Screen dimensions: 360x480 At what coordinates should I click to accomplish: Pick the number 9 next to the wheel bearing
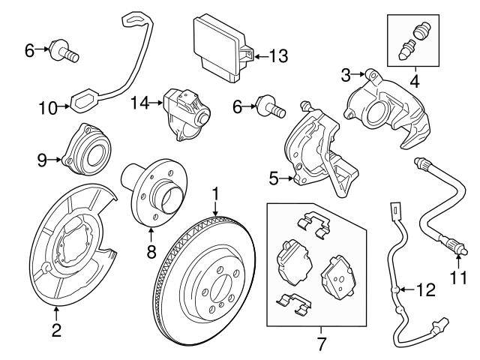pyautogui.click(x=42, y=158)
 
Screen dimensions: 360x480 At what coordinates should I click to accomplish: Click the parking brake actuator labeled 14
pyautogui.click(x=185, y=112)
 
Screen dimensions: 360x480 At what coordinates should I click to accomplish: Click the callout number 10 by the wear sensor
pyautogui.click(x=48, y=107)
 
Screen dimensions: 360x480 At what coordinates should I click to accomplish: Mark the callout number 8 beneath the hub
pyautogui.click(x=151, y=252)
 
